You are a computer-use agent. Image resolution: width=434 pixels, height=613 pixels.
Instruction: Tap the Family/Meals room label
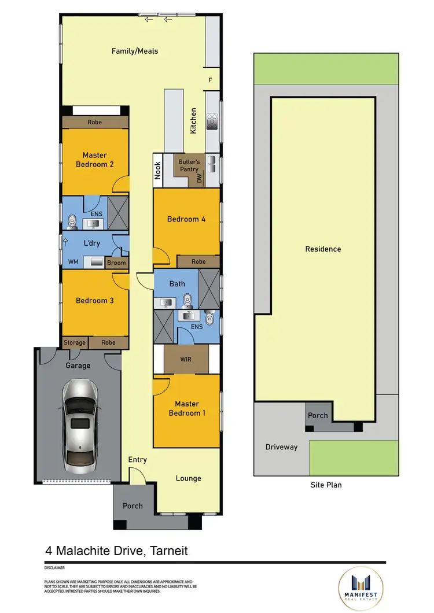(134, 51)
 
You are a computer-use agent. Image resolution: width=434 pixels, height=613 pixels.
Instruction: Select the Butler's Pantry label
(189, 166)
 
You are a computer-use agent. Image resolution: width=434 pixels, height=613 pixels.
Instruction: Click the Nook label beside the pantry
(157, 170)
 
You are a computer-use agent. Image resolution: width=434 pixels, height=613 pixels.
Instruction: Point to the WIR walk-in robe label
(186, 359)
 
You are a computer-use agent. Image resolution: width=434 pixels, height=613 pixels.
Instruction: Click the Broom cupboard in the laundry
(116, 263)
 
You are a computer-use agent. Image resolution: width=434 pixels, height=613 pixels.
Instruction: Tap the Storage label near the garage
(75, 343)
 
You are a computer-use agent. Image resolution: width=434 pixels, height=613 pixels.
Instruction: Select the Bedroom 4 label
(186, 219)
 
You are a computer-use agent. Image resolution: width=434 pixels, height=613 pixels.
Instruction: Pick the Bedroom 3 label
(94, 301)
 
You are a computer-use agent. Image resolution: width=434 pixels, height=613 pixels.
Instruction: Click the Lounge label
(189, 478)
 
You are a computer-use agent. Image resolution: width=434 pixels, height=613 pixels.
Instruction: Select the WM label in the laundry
(73, 263)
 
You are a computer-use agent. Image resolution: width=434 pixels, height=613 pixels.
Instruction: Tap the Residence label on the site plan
(323, 249)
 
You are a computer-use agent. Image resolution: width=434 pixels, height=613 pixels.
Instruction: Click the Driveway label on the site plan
(281, 447)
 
